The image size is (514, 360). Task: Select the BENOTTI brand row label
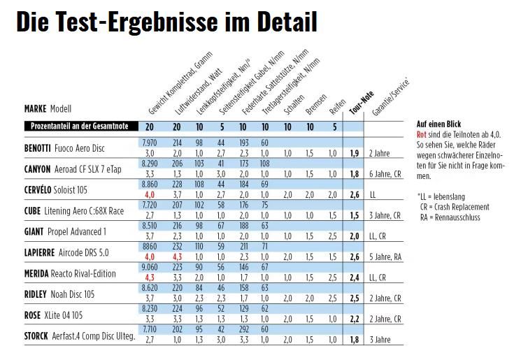coord(44,147)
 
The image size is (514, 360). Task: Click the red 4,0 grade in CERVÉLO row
coord(150,194)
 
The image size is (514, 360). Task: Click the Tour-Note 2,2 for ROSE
coord(355,319)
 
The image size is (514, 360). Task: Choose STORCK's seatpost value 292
coord(243,329)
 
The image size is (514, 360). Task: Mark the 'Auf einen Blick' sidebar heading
coord(439,124)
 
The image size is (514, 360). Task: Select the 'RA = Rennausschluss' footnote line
coord(455,217)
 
